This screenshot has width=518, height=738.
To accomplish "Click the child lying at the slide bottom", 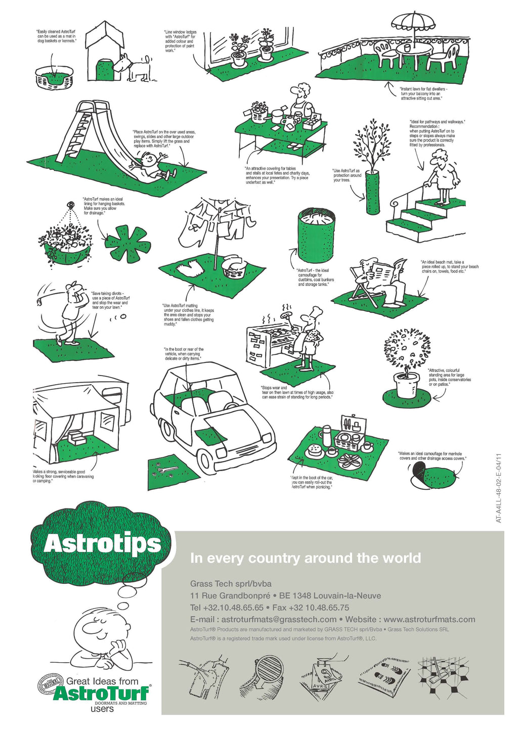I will (154, 167).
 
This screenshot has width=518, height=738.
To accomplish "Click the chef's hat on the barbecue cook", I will (317, 310).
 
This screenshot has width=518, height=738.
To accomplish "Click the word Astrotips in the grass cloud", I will (103, 544).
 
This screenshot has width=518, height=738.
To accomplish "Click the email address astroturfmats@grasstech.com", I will (279, 620).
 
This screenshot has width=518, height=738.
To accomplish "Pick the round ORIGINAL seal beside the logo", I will (51, 685).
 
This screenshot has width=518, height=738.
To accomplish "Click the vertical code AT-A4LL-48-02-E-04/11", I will (499, 488).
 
